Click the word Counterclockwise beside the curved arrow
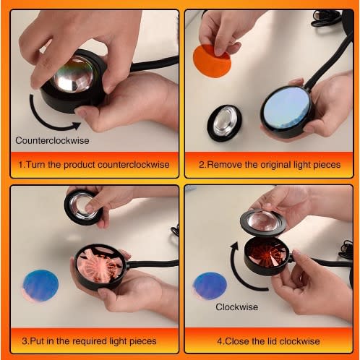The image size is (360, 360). click(52, 140)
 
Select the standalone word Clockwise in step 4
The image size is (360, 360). click(237, 307)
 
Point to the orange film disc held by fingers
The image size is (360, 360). click(212, 61)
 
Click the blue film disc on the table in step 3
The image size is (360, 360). click(40, 286)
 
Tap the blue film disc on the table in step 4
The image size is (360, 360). click(210, 286)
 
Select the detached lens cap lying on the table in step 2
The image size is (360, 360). click(225, 123)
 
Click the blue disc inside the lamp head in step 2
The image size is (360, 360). click(286, 108)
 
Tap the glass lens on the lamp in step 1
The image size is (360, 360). click(73, 74)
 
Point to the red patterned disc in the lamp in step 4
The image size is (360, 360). click(265, 254)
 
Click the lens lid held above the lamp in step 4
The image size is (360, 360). click(263, 223)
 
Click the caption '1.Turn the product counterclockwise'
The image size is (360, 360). click(94, 165)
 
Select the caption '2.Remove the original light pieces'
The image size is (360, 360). click(270, 165)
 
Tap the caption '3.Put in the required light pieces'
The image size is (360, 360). click(89, 341)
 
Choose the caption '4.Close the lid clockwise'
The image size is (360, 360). click(268, 341)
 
